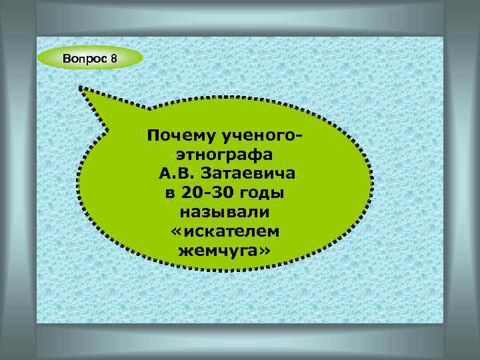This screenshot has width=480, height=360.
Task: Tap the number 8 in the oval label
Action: point(114,59)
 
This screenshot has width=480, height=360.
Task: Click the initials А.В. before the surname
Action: point(175,175)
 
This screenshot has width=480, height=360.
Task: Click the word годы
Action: point(263,194)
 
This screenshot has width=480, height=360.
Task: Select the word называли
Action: point(225,213)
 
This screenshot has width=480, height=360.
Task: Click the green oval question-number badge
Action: point(90,59)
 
